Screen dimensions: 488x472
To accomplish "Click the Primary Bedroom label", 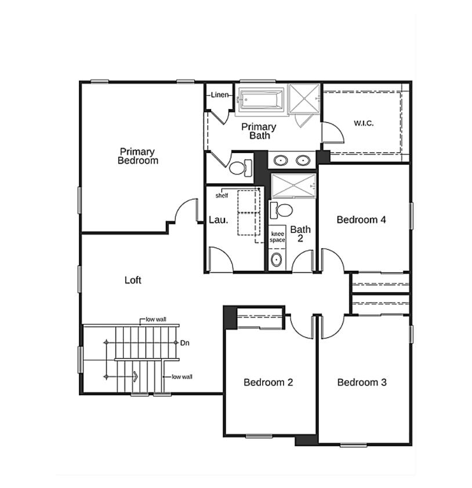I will click(x=137, y=156).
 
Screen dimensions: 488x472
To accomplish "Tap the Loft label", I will click(x=133, y=280).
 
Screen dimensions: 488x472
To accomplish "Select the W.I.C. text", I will click(x=364, y=123).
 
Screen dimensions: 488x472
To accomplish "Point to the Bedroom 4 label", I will click(x=361, y=220).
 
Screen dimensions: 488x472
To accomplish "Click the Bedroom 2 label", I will click(x=268, y=382).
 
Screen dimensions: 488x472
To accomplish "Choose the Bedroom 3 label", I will click(x=362, y=382).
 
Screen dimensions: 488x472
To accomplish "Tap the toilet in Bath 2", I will click(x=284, y=209).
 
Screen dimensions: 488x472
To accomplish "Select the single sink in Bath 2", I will click(x=277, y=259).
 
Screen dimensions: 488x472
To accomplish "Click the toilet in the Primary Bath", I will click(x=239, y=168).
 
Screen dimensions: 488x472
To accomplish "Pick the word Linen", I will click(x=219, y=95).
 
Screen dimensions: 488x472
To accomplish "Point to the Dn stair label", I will click(x=184, y=343).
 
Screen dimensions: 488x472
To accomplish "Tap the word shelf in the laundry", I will click(x=222, y=195).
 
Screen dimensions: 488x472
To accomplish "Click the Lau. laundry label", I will click(x=219, y=220).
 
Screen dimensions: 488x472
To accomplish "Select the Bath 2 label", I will click(x=300, y=234).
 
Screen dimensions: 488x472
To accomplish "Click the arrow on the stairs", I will click(x=135, y=376).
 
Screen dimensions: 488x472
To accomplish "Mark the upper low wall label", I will click(x=156, y=319).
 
